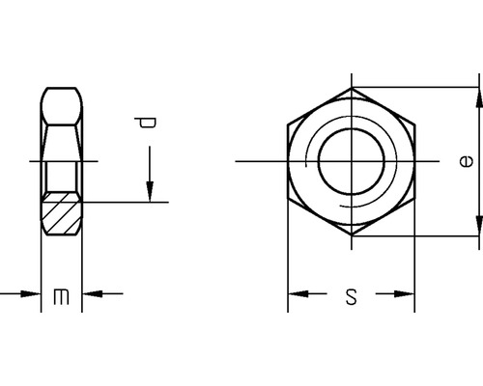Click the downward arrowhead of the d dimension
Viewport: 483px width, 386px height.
[x=150, y=192]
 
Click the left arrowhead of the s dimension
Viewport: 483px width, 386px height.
[x=298, y=294]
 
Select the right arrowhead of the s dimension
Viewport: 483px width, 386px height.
[x=405, y=294]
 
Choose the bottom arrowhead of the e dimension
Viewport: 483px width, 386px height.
[x=478, y=225]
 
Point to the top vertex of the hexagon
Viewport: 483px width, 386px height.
[x=352, y=88]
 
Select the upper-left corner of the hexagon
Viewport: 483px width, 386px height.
[x=288, y=124]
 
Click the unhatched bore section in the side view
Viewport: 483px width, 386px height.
[x=61, y=176]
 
